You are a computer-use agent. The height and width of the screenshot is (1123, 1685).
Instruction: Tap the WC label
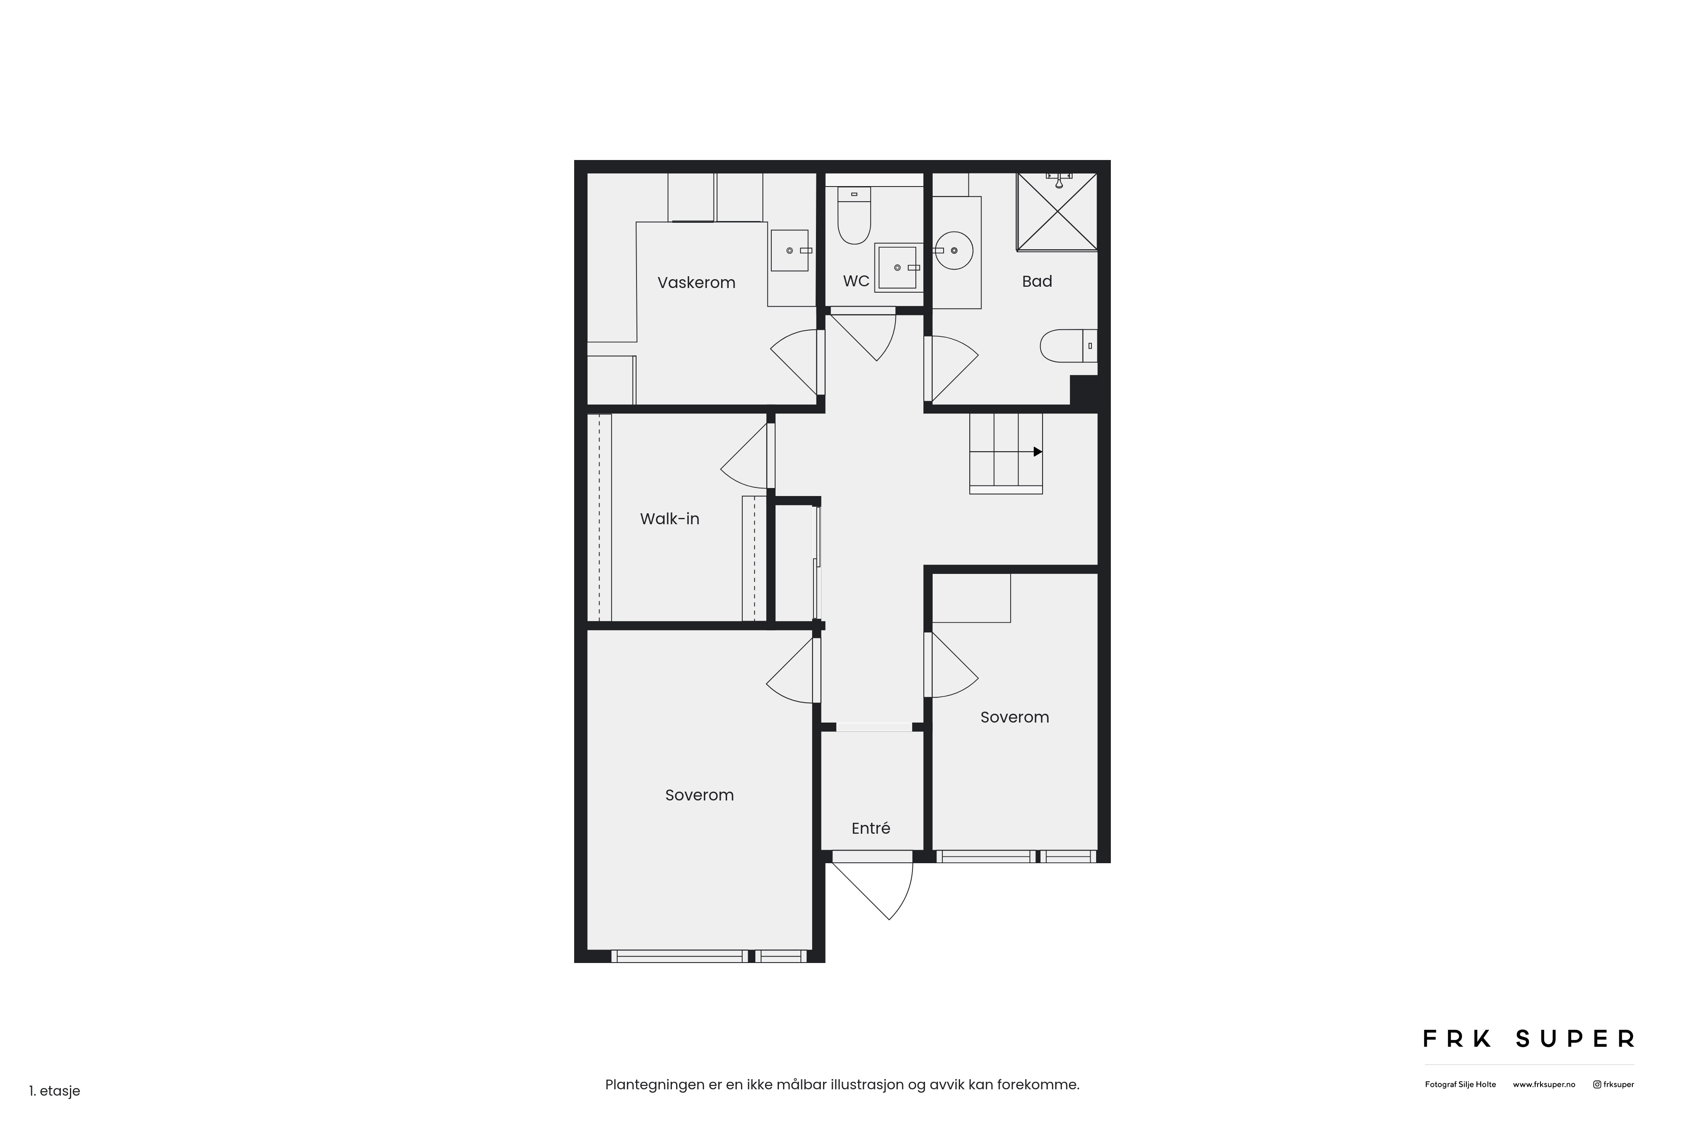[856, 281]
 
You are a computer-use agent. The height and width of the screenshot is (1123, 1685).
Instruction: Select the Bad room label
[1037, 281]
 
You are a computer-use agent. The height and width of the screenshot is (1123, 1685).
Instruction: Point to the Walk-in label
[669, 518]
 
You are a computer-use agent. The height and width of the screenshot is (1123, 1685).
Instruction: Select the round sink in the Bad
[954, 250]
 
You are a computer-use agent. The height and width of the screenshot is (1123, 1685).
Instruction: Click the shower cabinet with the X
[1057, 212]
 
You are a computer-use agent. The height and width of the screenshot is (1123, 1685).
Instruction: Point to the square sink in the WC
[899, 267]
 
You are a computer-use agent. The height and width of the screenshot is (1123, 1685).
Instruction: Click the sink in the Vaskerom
[789, 250]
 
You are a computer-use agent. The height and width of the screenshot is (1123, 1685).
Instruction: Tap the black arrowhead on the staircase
[1038, 452]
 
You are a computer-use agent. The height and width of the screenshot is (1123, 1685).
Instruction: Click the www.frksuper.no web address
[1544, 1084]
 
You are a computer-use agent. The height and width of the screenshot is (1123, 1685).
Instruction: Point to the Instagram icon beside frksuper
[1597, 1084]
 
